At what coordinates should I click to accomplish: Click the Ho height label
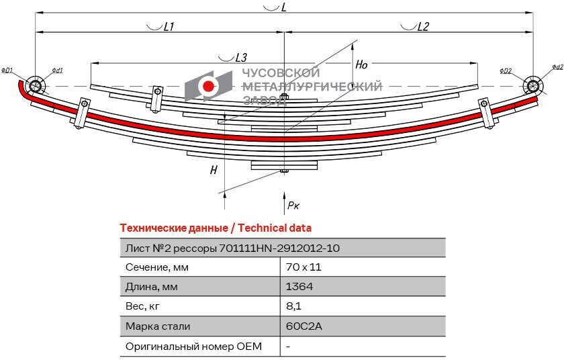[361, 65]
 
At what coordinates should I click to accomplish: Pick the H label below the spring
[214, 170]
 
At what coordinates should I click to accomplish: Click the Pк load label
[293, 206]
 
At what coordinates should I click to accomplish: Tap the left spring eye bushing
[35, 85]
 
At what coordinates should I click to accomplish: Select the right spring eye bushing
[533, 85]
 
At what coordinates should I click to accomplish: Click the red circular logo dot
[209, 86]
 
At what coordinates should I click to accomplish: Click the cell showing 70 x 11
[299, 267]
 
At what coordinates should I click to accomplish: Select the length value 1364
[299, 287]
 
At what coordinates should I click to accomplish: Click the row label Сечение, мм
[157, 267]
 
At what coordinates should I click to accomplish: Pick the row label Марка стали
[158, 326]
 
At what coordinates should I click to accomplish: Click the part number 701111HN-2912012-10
[279, 248]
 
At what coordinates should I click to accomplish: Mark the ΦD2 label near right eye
[506, 71]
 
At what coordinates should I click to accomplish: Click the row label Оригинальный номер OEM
[193, 347]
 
